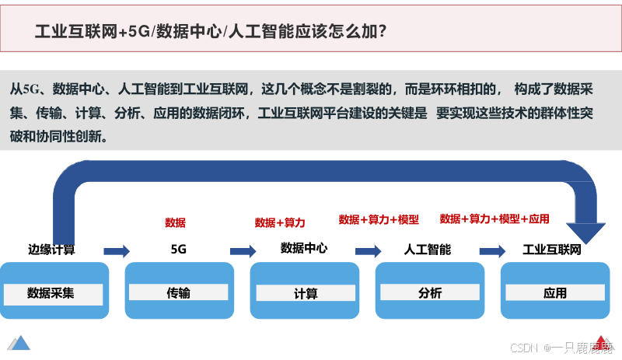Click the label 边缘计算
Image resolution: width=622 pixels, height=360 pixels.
[51, 250]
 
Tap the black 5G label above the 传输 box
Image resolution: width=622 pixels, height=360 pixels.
[178, 250]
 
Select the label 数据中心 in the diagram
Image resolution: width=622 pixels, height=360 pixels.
[304, 249]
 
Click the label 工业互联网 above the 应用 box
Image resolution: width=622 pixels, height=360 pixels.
[552, 250]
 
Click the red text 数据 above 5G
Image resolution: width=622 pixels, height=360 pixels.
[176, 223]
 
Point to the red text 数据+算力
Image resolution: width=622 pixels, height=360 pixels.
[280, 223]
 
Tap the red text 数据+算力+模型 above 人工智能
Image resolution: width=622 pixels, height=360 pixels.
[379, 220]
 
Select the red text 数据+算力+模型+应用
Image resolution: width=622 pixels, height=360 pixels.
[494, 219]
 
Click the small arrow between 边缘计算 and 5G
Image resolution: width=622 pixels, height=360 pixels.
[117, 250]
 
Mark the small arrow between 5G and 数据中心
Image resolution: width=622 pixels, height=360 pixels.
[243, 250]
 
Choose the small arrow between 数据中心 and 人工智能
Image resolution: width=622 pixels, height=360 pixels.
[368, 250]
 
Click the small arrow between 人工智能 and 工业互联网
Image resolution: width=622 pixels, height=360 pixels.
[492, 250]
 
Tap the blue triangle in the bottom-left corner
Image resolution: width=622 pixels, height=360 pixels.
[18, 342]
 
